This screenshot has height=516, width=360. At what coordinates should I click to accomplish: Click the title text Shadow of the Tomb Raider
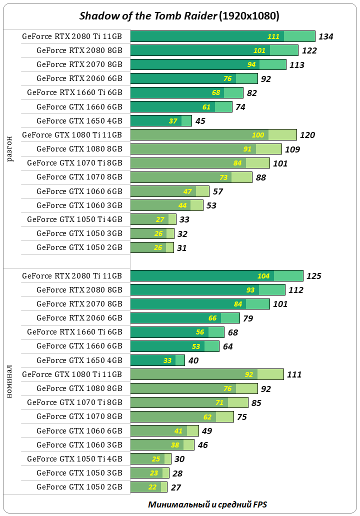coord(148,16)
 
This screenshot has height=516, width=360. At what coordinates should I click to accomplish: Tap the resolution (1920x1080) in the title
coord(248,16)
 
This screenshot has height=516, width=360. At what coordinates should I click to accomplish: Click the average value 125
coord(313,276)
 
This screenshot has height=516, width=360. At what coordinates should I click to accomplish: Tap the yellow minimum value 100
coord(258,135)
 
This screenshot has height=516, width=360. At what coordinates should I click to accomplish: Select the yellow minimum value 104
coord(263,276)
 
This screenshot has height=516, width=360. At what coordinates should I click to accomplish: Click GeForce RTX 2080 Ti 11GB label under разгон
coord(72,36)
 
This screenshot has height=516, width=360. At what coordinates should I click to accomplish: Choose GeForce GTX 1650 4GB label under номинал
coord(79,360)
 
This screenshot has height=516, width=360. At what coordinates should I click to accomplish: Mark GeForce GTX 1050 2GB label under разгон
coord(79,247)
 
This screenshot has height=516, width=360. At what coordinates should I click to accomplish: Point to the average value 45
coord(200,121)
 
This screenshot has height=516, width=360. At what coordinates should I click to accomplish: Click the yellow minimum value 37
coord(173,121)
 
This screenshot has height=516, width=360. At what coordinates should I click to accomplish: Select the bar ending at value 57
coord(169,191)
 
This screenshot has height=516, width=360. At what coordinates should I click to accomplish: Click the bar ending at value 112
coord(207,290)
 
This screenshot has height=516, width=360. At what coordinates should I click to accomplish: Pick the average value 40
coord(193,360)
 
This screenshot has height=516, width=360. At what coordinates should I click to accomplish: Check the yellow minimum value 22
coord(152,487)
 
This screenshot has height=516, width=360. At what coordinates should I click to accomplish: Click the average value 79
coord(248,318)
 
